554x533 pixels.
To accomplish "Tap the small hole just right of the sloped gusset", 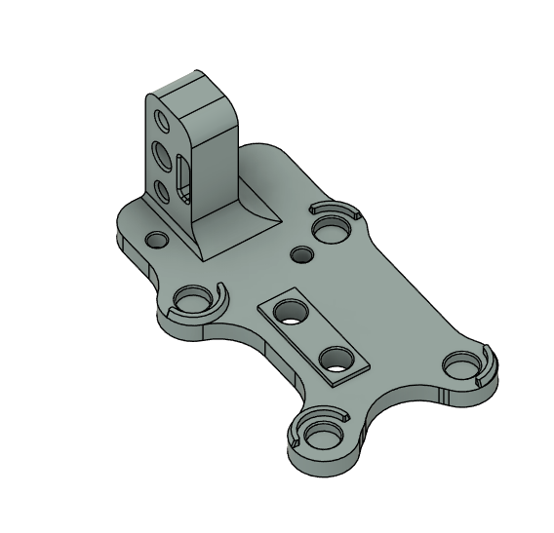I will click(x=302, y=254).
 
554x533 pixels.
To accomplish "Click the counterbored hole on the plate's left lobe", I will click(x=191, y=299).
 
